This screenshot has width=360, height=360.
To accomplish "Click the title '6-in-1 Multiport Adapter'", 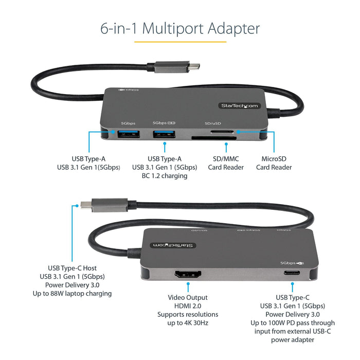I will pos(180,28).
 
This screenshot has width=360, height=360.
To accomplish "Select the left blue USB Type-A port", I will pos(128,135).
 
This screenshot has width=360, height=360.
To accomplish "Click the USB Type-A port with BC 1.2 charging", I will pos(164,135).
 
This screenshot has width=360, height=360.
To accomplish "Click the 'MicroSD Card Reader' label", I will pos(274,163).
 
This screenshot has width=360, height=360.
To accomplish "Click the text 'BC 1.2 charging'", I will pos(164,176).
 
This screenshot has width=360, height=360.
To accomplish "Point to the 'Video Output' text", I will pos(188,297).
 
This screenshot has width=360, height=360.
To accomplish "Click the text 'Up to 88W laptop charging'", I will pos(79,294).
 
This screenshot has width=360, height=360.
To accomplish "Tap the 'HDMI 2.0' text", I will pos(188,306).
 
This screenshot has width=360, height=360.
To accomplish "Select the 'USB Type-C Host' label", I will pos(72,268).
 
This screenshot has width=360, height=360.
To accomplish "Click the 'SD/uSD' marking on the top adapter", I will pos(213,123).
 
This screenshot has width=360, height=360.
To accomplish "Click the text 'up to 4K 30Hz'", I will pos(188,322).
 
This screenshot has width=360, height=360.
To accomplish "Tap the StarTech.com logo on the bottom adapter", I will pos(172,245).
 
